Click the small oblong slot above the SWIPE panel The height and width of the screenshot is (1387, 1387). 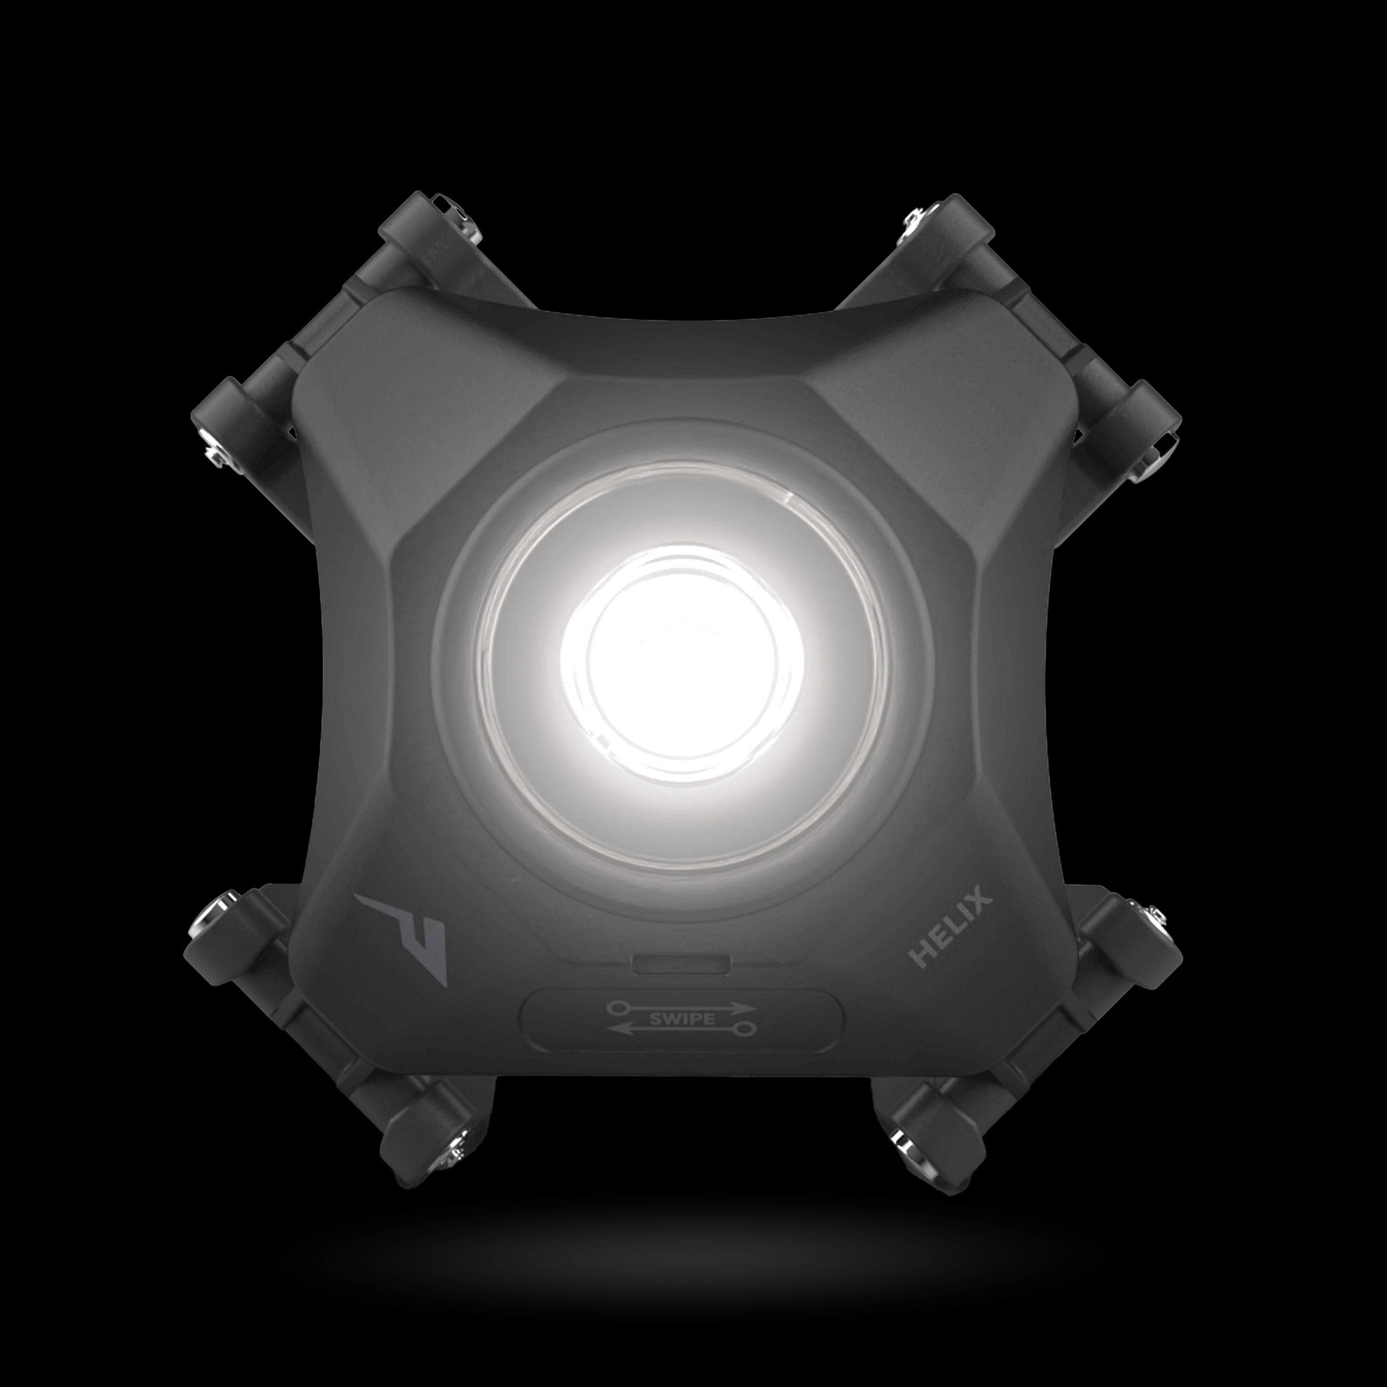(x=681, y=964)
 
